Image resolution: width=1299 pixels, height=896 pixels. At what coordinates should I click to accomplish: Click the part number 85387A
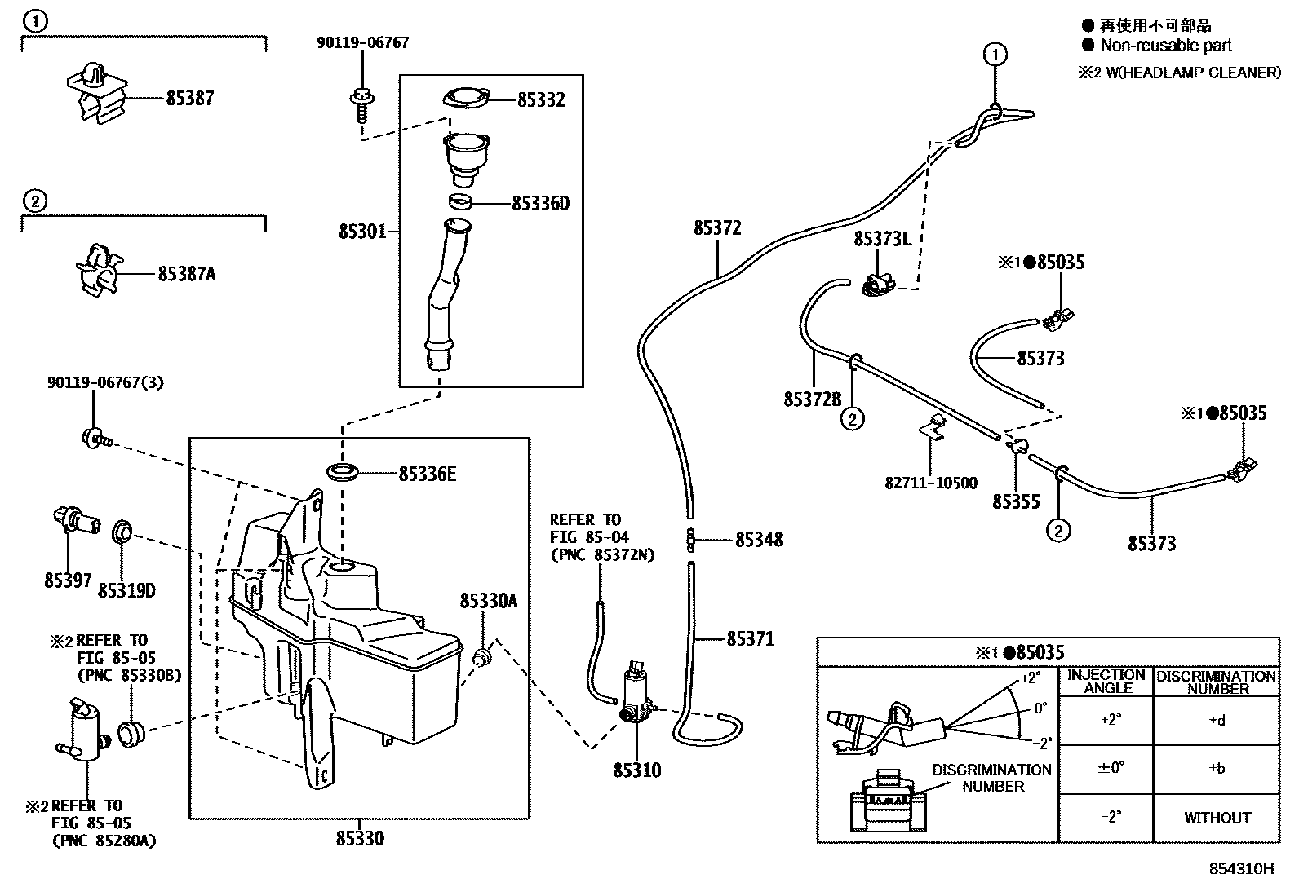[x=187, y=274]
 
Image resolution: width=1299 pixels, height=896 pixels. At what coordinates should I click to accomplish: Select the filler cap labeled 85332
[x=466, y=98]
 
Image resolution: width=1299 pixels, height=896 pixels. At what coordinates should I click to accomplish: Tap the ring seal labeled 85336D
[x=460, y=202]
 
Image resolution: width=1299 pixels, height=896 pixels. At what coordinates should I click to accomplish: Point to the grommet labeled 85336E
[x=343, y=472]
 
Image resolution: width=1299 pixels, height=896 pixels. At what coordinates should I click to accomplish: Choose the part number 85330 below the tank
[x=360, y=838]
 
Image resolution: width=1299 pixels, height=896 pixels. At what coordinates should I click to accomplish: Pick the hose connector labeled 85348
[x=690, y=541]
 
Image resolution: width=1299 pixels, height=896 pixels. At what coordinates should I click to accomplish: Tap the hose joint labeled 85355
[x=1016, y=446]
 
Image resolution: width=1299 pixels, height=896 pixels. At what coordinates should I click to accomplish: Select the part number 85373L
[x=883, y=239]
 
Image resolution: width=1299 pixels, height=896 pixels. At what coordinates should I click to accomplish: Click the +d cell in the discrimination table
[x=1217, y=721]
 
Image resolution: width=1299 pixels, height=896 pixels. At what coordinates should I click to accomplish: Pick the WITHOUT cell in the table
[x=1217, y=818]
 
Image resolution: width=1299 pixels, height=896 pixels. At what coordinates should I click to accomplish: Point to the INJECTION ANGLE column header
[x=1106, y=682]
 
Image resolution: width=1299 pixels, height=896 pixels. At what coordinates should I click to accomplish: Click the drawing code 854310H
[x=1241, y=869]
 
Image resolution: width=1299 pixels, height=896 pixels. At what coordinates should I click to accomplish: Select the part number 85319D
[x=126, y=590]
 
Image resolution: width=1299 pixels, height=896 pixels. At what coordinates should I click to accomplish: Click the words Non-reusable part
[x=1166, y=45]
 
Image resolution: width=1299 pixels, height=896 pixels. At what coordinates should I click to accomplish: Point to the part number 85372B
[x=813, y=399]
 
